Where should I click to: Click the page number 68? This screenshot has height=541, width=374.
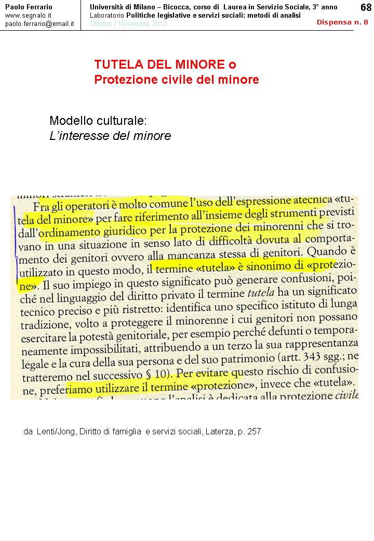(x=366, y=7)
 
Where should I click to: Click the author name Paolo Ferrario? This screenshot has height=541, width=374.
(x=29, y=7)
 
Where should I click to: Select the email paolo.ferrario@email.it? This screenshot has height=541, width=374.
(x=39, y=24)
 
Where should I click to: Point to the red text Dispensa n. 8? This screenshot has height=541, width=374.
(x=342, y=22)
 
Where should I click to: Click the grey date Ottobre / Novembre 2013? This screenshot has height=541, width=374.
(x=128, y=24)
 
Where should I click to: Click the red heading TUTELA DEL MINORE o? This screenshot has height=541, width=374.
(x=165, y=65)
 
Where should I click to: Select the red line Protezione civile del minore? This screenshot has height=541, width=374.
(x=176, y=80)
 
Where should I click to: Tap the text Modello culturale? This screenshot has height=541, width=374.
(x=98, y=121)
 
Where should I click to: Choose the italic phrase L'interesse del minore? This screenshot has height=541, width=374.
(x=110, y=136)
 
